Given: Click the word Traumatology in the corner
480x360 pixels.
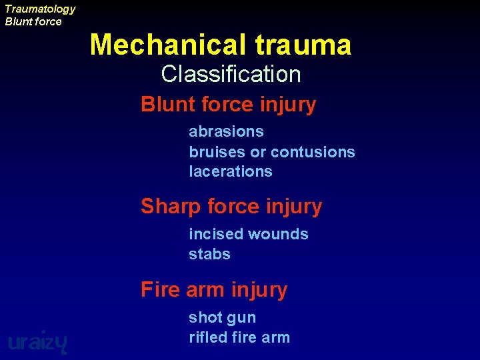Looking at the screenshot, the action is [x=40, y=9].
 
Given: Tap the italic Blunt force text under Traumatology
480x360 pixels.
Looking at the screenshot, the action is [x=33, y=21].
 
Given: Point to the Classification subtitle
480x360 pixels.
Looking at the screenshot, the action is [x=231, y=74].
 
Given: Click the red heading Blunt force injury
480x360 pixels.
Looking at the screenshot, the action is [x=228, y=105].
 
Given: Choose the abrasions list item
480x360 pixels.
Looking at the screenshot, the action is [x=226, y=132].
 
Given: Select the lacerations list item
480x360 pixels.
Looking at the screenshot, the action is [x=231, y=171].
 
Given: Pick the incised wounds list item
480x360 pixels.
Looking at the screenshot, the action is [x=248, y=234].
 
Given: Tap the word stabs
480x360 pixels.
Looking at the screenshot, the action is [x=209, y=254].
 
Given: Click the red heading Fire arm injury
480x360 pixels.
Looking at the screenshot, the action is [x=213, y=290].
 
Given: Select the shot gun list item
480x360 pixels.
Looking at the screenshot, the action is [x=222, y=318].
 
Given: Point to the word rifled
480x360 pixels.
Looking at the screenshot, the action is [x=209, y=337].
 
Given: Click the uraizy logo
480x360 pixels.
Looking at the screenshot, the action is [x=37, y=341].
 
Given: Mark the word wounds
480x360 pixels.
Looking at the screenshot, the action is [x=280, y=234].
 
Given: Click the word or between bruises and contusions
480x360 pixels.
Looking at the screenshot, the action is [x=258, y=152].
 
